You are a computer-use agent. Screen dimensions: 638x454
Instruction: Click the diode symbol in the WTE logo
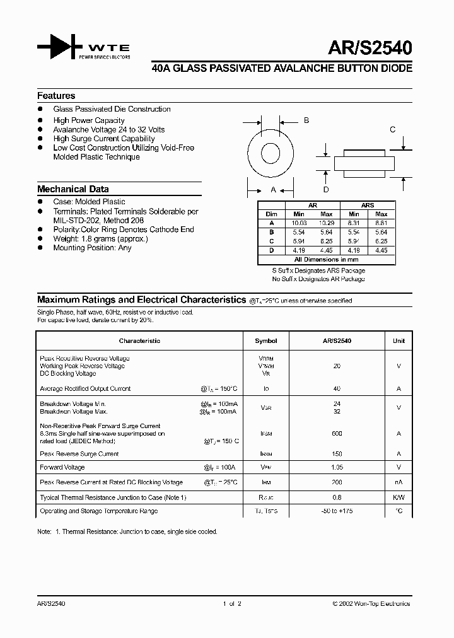(59, 49)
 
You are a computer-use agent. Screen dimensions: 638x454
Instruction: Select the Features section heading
(56, 96)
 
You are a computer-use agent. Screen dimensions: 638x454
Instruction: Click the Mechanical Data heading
(73, 189)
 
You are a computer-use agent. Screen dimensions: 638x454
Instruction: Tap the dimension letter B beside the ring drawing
(306, 120)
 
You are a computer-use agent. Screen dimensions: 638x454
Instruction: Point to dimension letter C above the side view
(392, 130)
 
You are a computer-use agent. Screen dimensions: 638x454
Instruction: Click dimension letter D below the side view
(326, 189)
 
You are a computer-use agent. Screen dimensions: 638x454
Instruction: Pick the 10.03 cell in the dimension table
(299, 223)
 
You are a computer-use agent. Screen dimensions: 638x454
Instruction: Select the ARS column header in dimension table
(368, 206)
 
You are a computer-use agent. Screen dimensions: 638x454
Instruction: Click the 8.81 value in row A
(381, 223)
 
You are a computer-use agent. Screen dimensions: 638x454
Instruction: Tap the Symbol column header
(265, 341)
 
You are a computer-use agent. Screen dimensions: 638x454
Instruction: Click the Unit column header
(399, 341)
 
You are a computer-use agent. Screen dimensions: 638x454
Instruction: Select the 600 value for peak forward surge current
(337, 434)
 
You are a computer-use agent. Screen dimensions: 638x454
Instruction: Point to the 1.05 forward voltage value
(337, 468)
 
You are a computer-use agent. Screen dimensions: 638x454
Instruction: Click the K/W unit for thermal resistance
(399, 497)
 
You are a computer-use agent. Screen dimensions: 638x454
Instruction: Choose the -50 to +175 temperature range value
(337, 511)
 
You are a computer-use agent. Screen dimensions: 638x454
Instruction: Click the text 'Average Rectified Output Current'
(85, 389)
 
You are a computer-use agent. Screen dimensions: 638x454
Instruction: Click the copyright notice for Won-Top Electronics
(371, 604)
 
